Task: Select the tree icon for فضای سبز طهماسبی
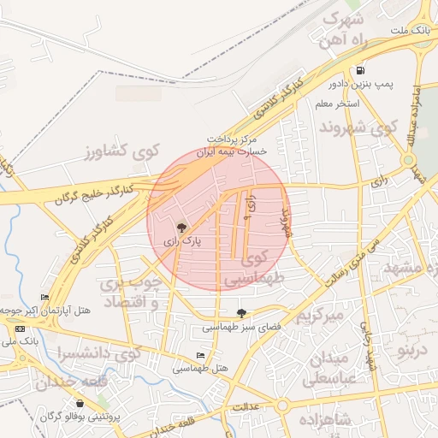pyautogui.click(x=241, y=314)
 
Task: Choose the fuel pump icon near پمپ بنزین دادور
pyautogui.click(x=361, y=71)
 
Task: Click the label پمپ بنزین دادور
pyautogui.click(x=361, y=86)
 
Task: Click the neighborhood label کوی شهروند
pyautogui.click(x=358, y=127)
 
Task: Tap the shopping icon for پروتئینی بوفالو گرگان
pyautogui.click(x=80, y=404)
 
